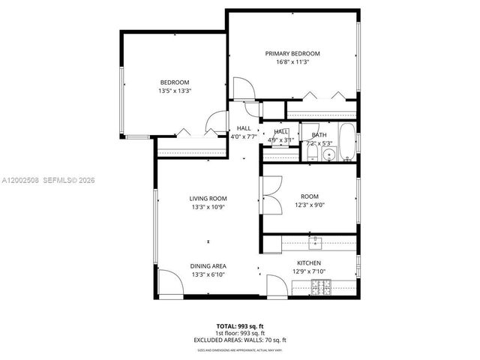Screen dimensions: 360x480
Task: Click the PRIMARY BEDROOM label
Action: click(x=292, y=53)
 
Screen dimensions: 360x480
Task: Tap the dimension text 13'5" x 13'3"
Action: click(x=174, y=91)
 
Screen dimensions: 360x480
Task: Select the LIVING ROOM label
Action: click(x=208, y=199)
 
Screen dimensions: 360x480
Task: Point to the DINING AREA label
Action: click(x=208, y=266)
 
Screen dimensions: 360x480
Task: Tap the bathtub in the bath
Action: click(x=346, y=142)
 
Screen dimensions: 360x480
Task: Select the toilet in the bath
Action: click(x=311, y=155)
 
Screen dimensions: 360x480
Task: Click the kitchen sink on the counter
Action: click(x=316, y=242)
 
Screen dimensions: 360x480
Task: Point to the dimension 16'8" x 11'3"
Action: click(x=292, y=62)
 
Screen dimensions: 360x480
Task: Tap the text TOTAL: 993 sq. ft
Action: click(x=240, y=325)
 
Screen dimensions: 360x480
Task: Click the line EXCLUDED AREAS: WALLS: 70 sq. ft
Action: click(x=240, y=341)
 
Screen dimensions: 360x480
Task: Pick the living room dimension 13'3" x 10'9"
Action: click(x=208, y=207)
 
